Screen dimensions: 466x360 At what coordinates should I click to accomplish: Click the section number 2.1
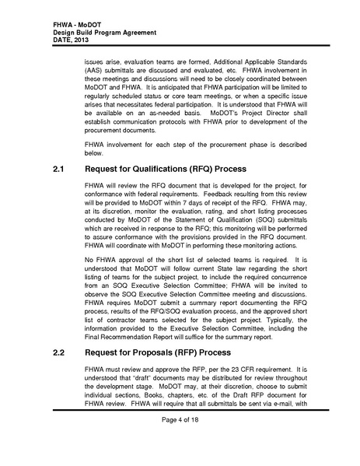[x=59, y=168]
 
